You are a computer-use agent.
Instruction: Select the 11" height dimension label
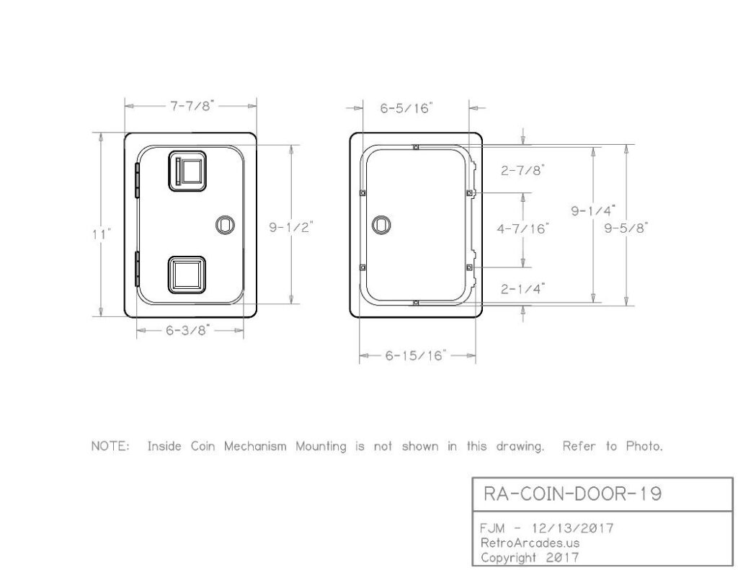102,233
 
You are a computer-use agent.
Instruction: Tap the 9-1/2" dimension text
291,227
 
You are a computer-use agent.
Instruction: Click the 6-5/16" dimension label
406,108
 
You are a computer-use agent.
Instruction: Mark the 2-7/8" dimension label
523,169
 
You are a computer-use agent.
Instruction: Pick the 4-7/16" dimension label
523,228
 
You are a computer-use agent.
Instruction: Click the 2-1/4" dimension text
523,288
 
